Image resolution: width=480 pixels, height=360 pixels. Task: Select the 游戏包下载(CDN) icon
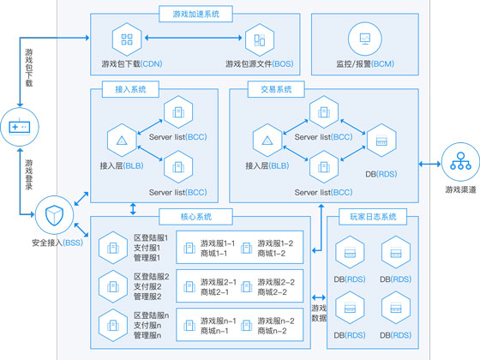126,39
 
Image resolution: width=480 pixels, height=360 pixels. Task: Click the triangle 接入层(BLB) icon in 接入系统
121,140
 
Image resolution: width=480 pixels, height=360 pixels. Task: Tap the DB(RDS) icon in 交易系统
382,139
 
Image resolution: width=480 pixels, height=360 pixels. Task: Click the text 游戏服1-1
219,243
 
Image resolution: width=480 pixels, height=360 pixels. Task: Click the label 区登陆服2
151,277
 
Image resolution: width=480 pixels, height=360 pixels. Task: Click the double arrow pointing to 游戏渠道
429,163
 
